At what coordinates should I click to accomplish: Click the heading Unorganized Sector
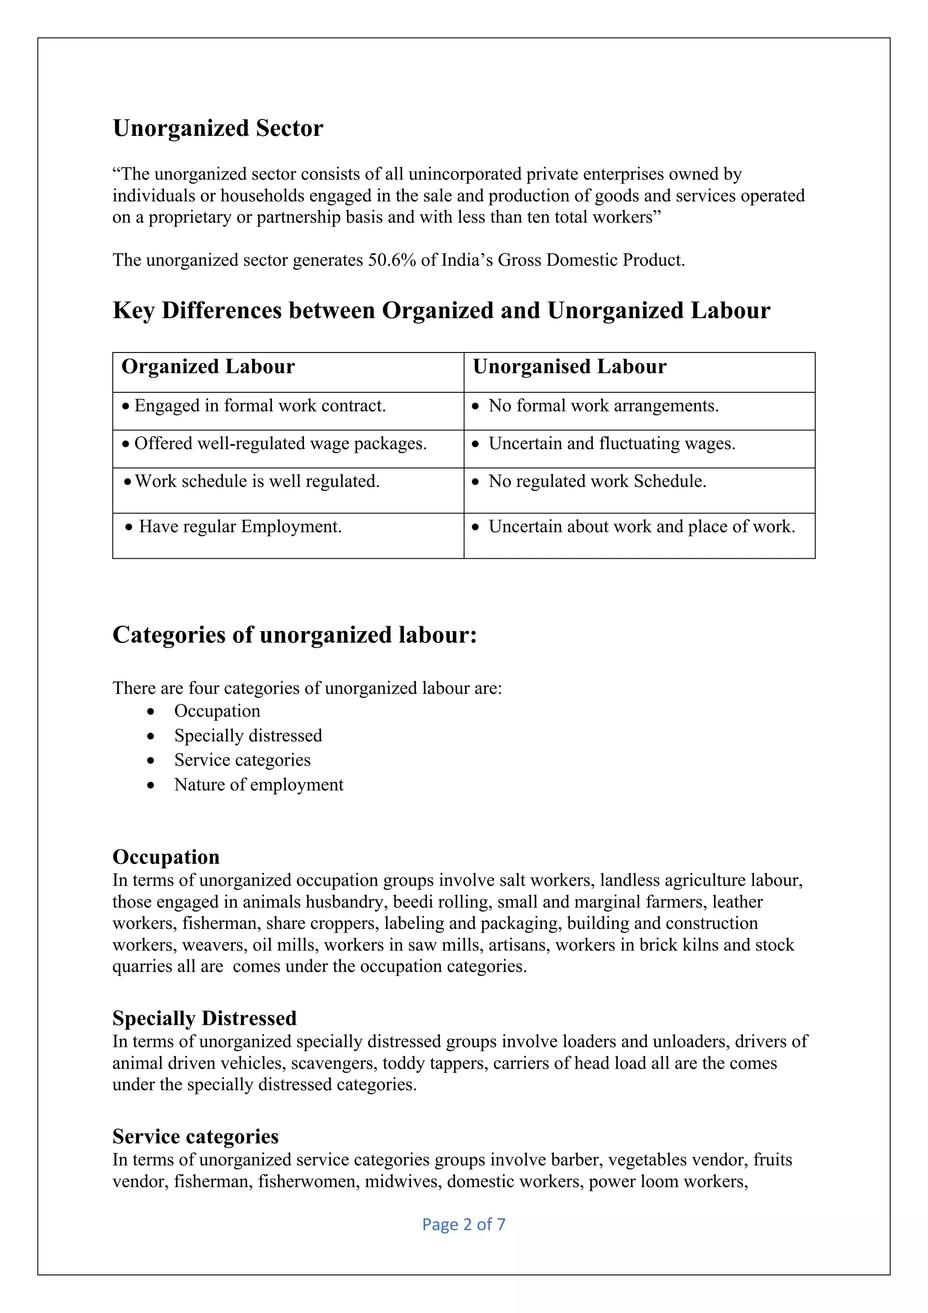[218, 128]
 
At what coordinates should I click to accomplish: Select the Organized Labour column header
[208, 367]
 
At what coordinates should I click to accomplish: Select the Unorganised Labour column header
[570, 367]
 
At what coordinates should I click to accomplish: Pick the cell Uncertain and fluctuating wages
[611, 444]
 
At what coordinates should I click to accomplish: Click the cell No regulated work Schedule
[597, 482]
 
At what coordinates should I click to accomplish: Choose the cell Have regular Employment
[240, 526]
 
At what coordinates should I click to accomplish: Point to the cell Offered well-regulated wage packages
[280, 444]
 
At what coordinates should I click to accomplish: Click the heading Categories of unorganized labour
[295, 635]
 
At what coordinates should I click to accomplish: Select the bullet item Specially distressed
[248, 735]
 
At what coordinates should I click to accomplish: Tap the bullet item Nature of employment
[258, 785]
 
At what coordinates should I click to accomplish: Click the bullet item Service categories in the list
[242, 760]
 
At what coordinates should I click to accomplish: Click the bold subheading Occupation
[166, 857]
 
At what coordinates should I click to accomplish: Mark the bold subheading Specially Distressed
[204, 1019]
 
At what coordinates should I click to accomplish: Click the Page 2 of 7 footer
[464, 1224]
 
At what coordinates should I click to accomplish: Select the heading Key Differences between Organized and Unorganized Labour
[441, 310]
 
